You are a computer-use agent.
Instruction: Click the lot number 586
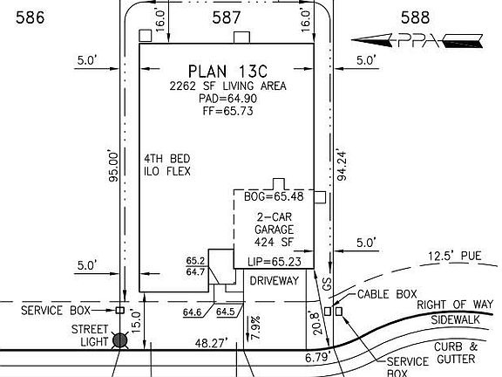pyautogui.click(x=31, y=17)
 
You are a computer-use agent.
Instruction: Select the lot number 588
pyautogui.click(x=415, y=17)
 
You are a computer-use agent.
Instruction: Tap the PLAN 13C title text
pyautogui.click(x=227, y=72)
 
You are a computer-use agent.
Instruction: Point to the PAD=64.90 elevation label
pyautogui.click(x=227, y=99)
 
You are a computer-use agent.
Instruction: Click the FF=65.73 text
pyautogui.click(x=227, y=111)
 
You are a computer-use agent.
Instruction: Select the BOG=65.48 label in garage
pyautogui.click(x=274, y=196)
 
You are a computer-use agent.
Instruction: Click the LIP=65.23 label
pyautogui.click(x=274, y=262)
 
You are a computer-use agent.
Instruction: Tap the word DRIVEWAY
pyautogui.click(x=274, y=281)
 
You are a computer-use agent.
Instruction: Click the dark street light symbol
pyautogui.click(x=120, y=340)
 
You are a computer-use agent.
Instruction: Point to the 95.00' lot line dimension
pyautogui.click(x=113, y=166)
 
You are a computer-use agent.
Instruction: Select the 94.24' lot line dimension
pyautogui.click(x=342, y=165)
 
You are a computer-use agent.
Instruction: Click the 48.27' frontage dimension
pyautogui.click(x=212, y=343)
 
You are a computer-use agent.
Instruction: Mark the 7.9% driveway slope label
pyautogui.click(x=256, y=327)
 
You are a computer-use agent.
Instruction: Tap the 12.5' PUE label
pyautogui.click(x=455, y=256)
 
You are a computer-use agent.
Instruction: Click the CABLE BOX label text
pyautogui.click(x=387, y=294)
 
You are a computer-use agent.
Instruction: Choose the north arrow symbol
pyautogui.click(x=417, y=40)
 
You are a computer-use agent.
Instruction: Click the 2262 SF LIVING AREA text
pyautogui.click(x=227, y=86)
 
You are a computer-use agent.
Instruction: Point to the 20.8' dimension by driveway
pyautogui.click(x=317, y=323)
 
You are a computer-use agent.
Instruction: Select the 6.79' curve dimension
pyautogui.click(x=317, y=357)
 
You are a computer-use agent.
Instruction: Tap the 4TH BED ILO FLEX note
pyautogui.click(x=167, y=165)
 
